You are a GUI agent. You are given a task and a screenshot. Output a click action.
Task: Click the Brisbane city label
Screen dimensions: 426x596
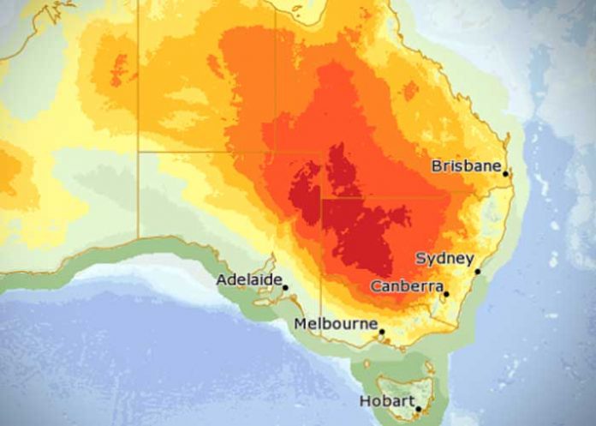point(466,165)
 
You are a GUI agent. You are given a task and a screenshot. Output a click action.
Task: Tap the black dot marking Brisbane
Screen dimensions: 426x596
point(506,174)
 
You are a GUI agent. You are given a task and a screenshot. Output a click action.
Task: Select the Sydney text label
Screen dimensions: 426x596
point(444,258)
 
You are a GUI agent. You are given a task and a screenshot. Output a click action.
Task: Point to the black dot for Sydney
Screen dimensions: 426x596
point(478,272)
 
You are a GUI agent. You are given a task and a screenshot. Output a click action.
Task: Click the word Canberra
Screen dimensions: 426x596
point(407,285)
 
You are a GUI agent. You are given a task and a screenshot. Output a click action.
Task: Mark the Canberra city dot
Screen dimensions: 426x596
point(446,294)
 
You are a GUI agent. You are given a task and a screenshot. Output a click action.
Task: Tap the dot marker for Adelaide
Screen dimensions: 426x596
point(285,288)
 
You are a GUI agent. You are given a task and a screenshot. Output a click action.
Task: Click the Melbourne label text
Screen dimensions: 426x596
point(336,323)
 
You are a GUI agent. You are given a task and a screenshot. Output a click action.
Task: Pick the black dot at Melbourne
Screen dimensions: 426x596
point(382,332)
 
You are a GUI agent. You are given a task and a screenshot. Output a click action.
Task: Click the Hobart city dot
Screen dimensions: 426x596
point(418,409)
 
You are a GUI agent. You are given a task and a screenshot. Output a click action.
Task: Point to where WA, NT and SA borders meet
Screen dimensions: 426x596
point(139,153)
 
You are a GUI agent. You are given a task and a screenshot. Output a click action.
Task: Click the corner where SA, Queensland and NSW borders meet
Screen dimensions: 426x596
point(321,200)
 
